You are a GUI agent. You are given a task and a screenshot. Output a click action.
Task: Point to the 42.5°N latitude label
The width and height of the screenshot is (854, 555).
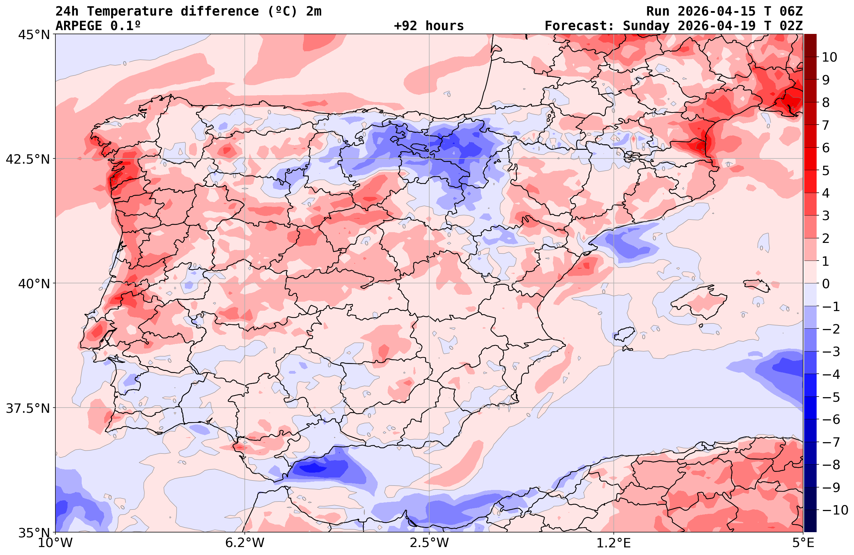(x=28, y=159)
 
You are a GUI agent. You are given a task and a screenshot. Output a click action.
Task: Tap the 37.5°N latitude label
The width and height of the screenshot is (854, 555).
(x=28, y=408)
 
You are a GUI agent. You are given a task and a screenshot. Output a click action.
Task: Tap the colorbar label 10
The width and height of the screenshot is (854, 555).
(x=829, y=57)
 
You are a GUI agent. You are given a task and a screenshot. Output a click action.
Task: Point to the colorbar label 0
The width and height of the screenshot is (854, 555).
(x=826, y=284)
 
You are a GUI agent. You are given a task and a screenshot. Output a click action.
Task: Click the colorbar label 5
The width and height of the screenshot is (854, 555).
(x=826, y=171)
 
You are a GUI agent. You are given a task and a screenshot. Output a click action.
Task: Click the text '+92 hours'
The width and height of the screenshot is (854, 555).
(x=429, y=26)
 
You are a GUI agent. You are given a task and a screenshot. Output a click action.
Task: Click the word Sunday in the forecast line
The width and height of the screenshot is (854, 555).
(x=646, y=26)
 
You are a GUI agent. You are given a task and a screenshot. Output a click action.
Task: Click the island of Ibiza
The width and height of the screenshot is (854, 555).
(x=625, y=334)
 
